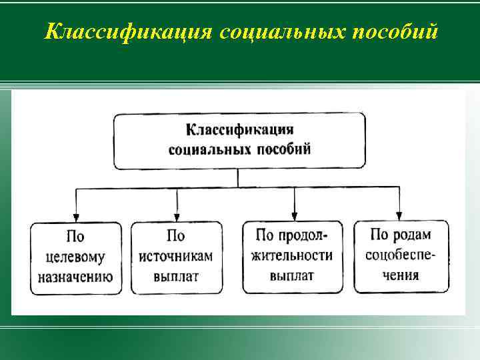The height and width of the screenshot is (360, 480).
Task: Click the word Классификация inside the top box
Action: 239,129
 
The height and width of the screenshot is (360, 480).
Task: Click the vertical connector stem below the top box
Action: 238,178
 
